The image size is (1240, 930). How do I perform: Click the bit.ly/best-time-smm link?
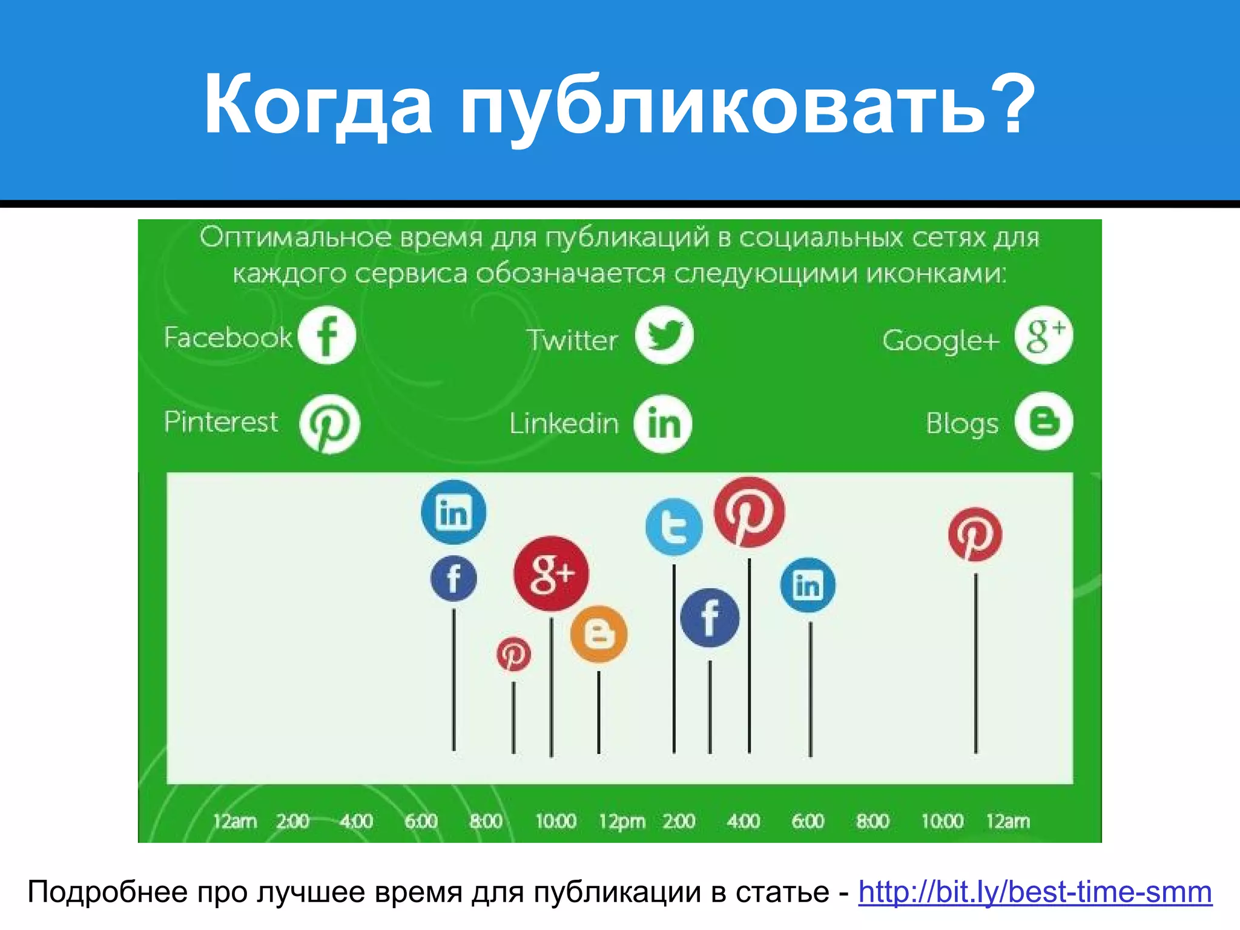click(1035, 892)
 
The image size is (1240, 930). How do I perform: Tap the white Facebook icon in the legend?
click(327, 335)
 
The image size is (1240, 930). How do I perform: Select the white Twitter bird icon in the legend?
click(664, 335)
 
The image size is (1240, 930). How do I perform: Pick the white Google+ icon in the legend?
click(1044, 335)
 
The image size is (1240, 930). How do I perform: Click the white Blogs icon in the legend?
click(1043, 421)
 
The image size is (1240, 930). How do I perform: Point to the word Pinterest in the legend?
click(221, 421)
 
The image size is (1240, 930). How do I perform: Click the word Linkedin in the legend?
click(564, 423)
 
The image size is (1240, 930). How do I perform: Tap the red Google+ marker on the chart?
click(551, 573)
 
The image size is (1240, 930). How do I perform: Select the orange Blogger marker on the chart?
click(599, 634)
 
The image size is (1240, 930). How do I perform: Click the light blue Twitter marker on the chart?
click(674, 527)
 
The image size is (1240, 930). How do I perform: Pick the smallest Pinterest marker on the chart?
click(513, 655)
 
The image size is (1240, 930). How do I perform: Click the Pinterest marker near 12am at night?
click(975, 535)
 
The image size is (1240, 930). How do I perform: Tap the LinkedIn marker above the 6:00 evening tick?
click(808, 585)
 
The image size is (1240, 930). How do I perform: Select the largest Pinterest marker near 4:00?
click(750, 512)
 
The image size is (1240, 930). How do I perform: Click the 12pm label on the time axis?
click(622, 822)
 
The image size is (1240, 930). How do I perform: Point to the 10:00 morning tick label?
click(555, 822)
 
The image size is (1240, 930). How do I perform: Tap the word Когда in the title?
click(318, 104)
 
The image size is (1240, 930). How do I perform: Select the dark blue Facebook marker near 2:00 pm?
click(710, 618)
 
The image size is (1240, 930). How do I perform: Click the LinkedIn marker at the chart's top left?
click(453, 512)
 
